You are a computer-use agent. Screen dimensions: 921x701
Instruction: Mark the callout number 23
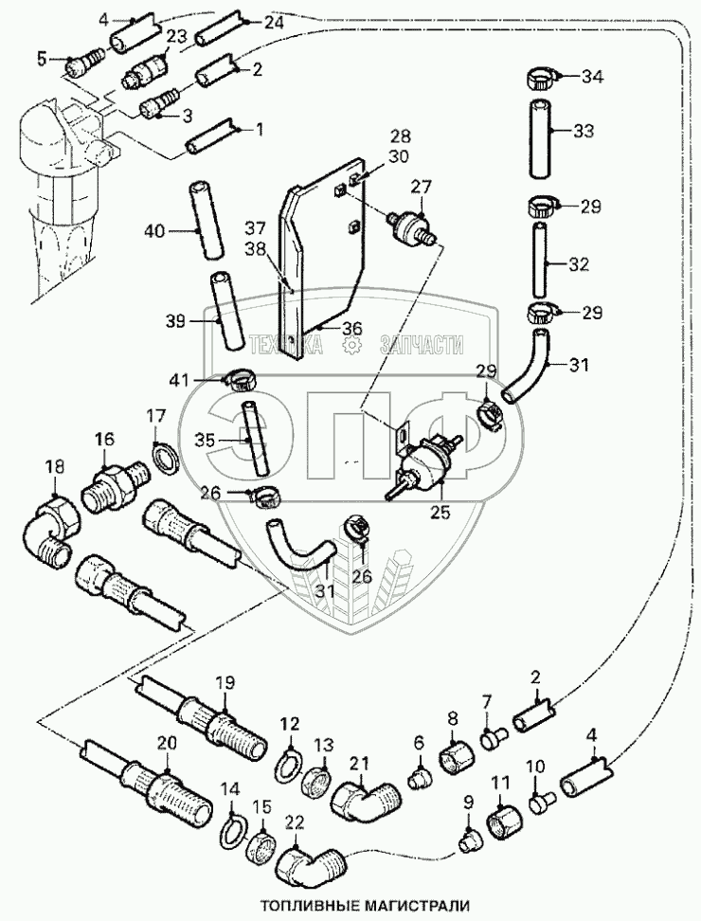tap(176, 37)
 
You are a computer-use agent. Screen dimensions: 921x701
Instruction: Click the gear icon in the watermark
tap(350, 347)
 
